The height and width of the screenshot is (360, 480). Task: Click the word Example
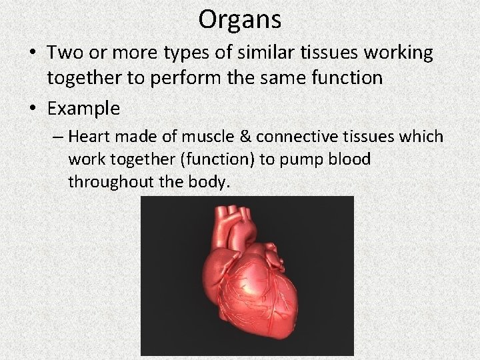(x=83, y=108)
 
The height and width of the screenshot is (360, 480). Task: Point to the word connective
(x=292, y=137)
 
